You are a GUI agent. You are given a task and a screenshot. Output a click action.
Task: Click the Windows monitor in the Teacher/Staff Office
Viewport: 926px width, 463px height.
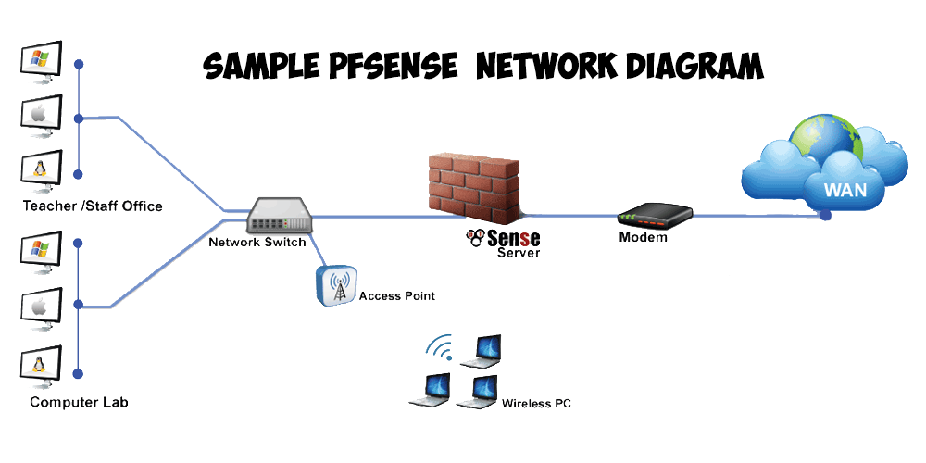[x=41, y=62]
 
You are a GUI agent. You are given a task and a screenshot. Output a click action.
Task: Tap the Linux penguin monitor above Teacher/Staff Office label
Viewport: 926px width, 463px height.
[x=41, y=169]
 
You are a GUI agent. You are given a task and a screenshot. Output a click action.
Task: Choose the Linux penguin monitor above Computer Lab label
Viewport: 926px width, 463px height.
[x=41, y=364]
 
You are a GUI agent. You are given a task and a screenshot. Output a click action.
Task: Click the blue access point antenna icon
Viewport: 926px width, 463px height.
[x=334, y=286]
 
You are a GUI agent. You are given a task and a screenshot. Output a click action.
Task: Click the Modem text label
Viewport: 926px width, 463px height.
[x=643, y=238]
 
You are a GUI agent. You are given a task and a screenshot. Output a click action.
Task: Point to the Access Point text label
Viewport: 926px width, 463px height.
[x=396, y=296]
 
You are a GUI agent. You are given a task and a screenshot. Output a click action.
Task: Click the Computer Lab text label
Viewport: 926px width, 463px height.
[x=79, y=402]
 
